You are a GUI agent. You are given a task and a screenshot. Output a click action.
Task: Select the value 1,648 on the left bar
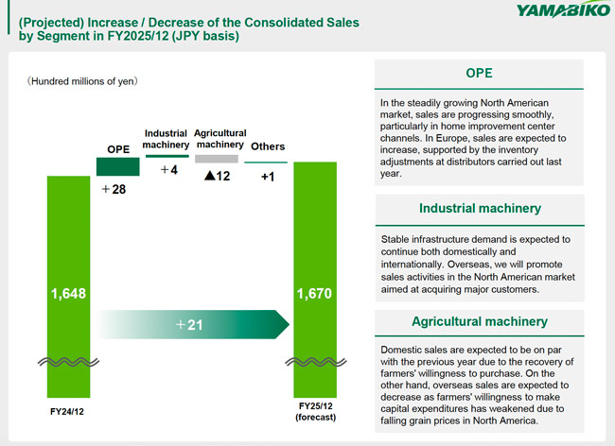click(69, 294)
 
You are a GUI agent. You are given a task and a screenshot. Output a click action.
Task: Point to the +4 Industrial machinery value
click(168, 170)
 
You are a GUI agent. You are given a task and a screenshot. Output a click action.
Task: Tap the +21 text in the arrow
click(190, 324)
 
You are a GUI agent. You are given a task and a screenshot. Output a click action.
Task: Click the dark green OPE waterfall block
click(118, 166)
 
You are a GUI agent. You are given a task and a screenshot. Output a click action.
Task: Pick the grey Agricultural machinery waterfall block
click(217, 159)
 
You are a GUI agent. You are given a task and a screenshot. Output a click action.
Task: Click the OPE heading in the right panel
click(479, 73)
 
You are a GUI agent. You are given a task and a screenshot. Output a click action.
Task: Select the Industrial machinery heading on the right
click(479, 208)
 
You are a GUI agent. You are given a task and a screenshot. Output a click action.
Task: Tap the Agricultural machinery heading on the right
click(479, 321)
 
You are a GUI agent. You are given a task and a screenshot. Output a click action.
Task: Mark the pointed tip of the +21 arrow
click(289, 324)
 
